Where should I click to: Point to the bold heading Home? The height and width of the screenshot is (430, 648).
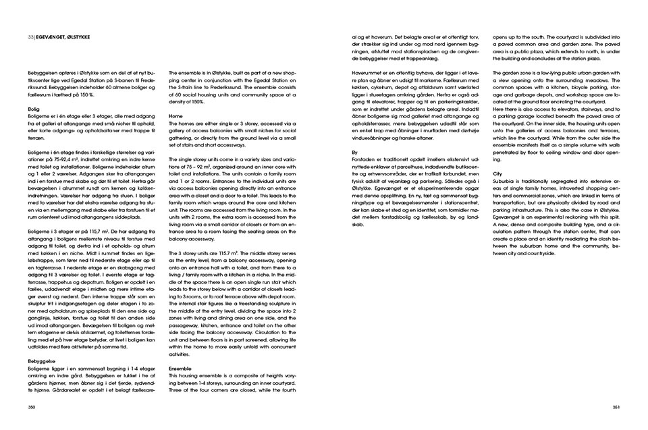(x=177, y=115)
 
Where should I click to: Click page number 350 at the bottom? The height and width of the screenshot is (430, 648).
(x=31, y=406)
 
